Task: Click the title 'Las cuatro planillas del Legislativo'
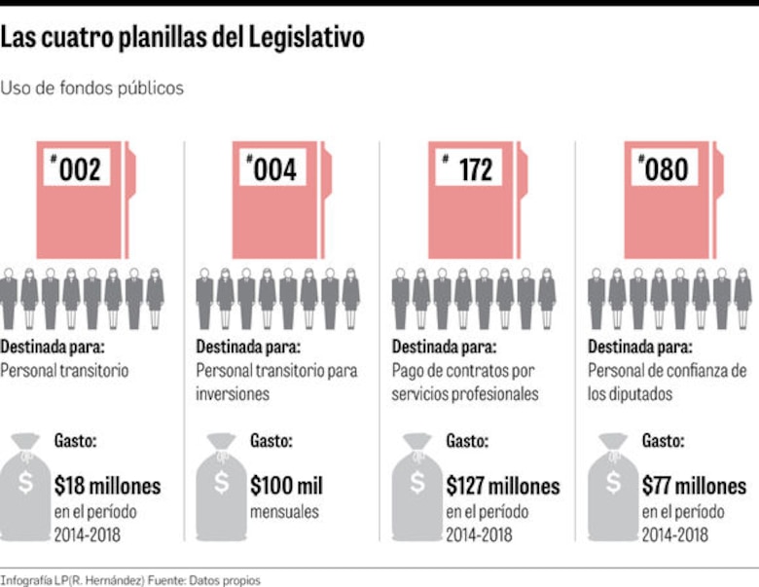pos(182,39)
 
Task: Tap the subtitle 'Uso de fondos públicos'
pos(91,88)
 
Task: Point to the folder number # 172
pos(468,170)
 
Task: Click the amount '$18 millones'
pos(108,485)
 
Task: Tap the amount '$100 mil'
pos(286,485)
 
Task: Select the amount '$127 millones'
pos(503,485)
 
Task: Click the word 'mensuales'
pos(283,510)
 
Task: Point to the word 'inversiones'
pos(233,394)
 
